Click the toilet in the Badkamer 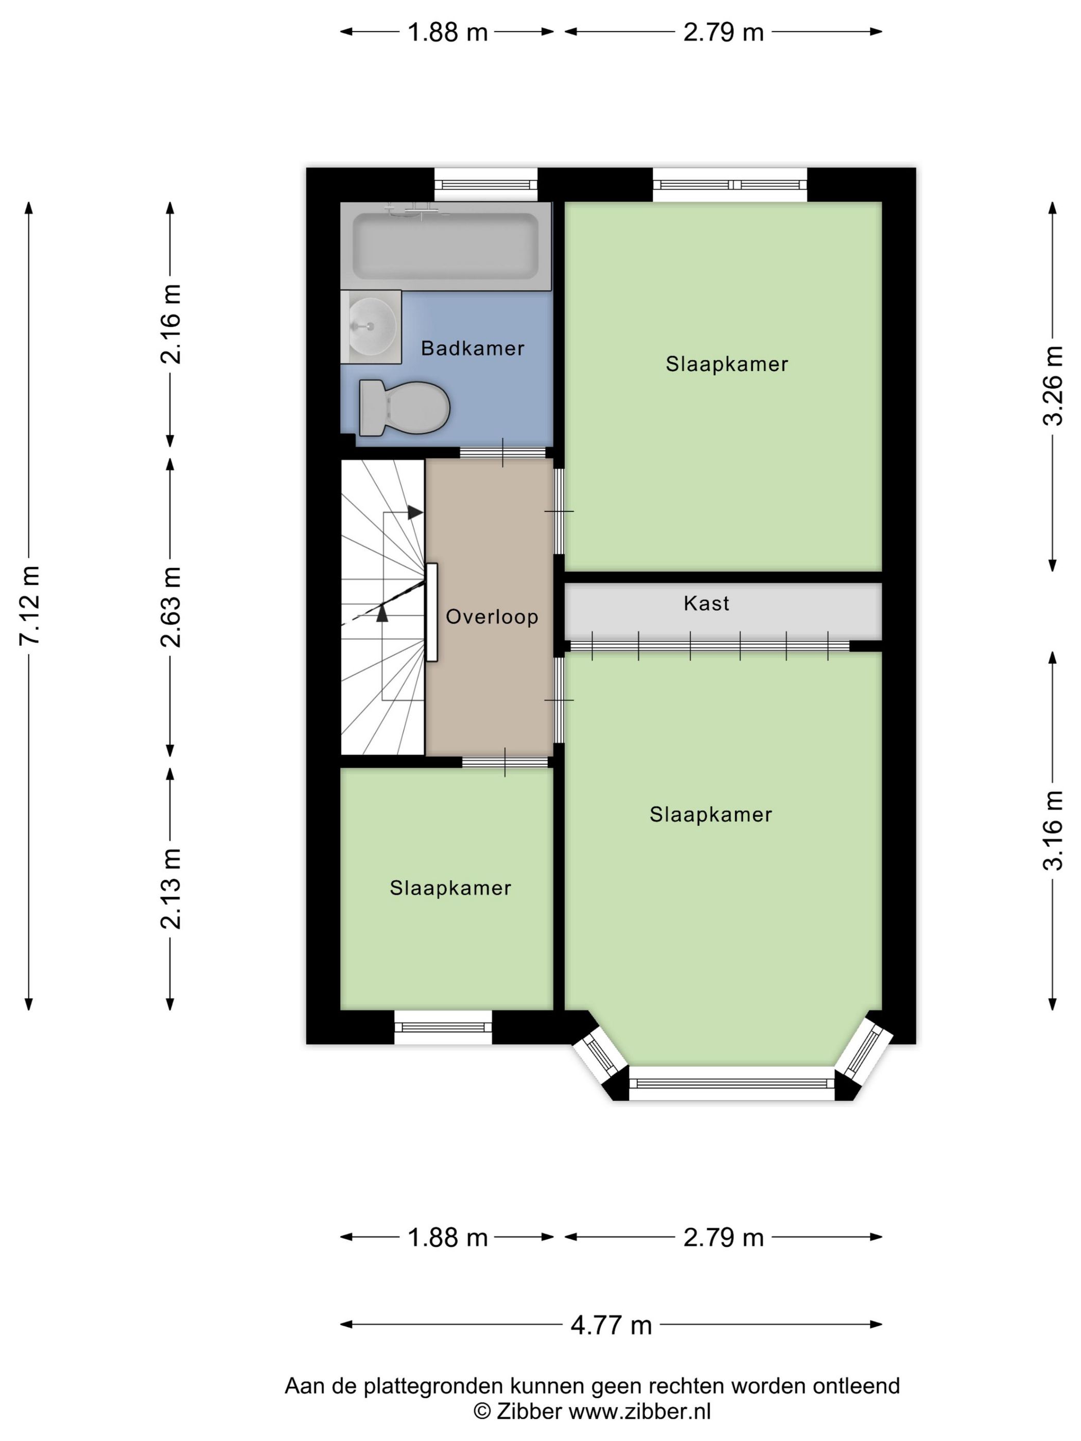coord(404,408)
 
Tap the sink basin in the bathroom coord(370,326)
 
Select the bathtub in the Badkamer coord(446,246)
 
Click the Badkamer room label coord(473,348)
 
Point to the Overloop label coord(492,617)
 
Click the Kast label coord(706,603)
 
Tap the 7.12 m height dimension coord(29,606)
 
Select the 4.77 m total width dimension coord(611,1325)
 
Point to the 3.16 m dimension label coord(1052,831)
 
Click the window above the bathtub coord(486,184)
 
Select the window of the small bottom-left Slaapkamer coord(443,1027)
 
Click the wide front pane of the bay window coord(732,1083)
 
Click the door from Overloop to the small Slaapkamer coord(505,762)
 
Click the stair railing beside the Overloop coord(431,612)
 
